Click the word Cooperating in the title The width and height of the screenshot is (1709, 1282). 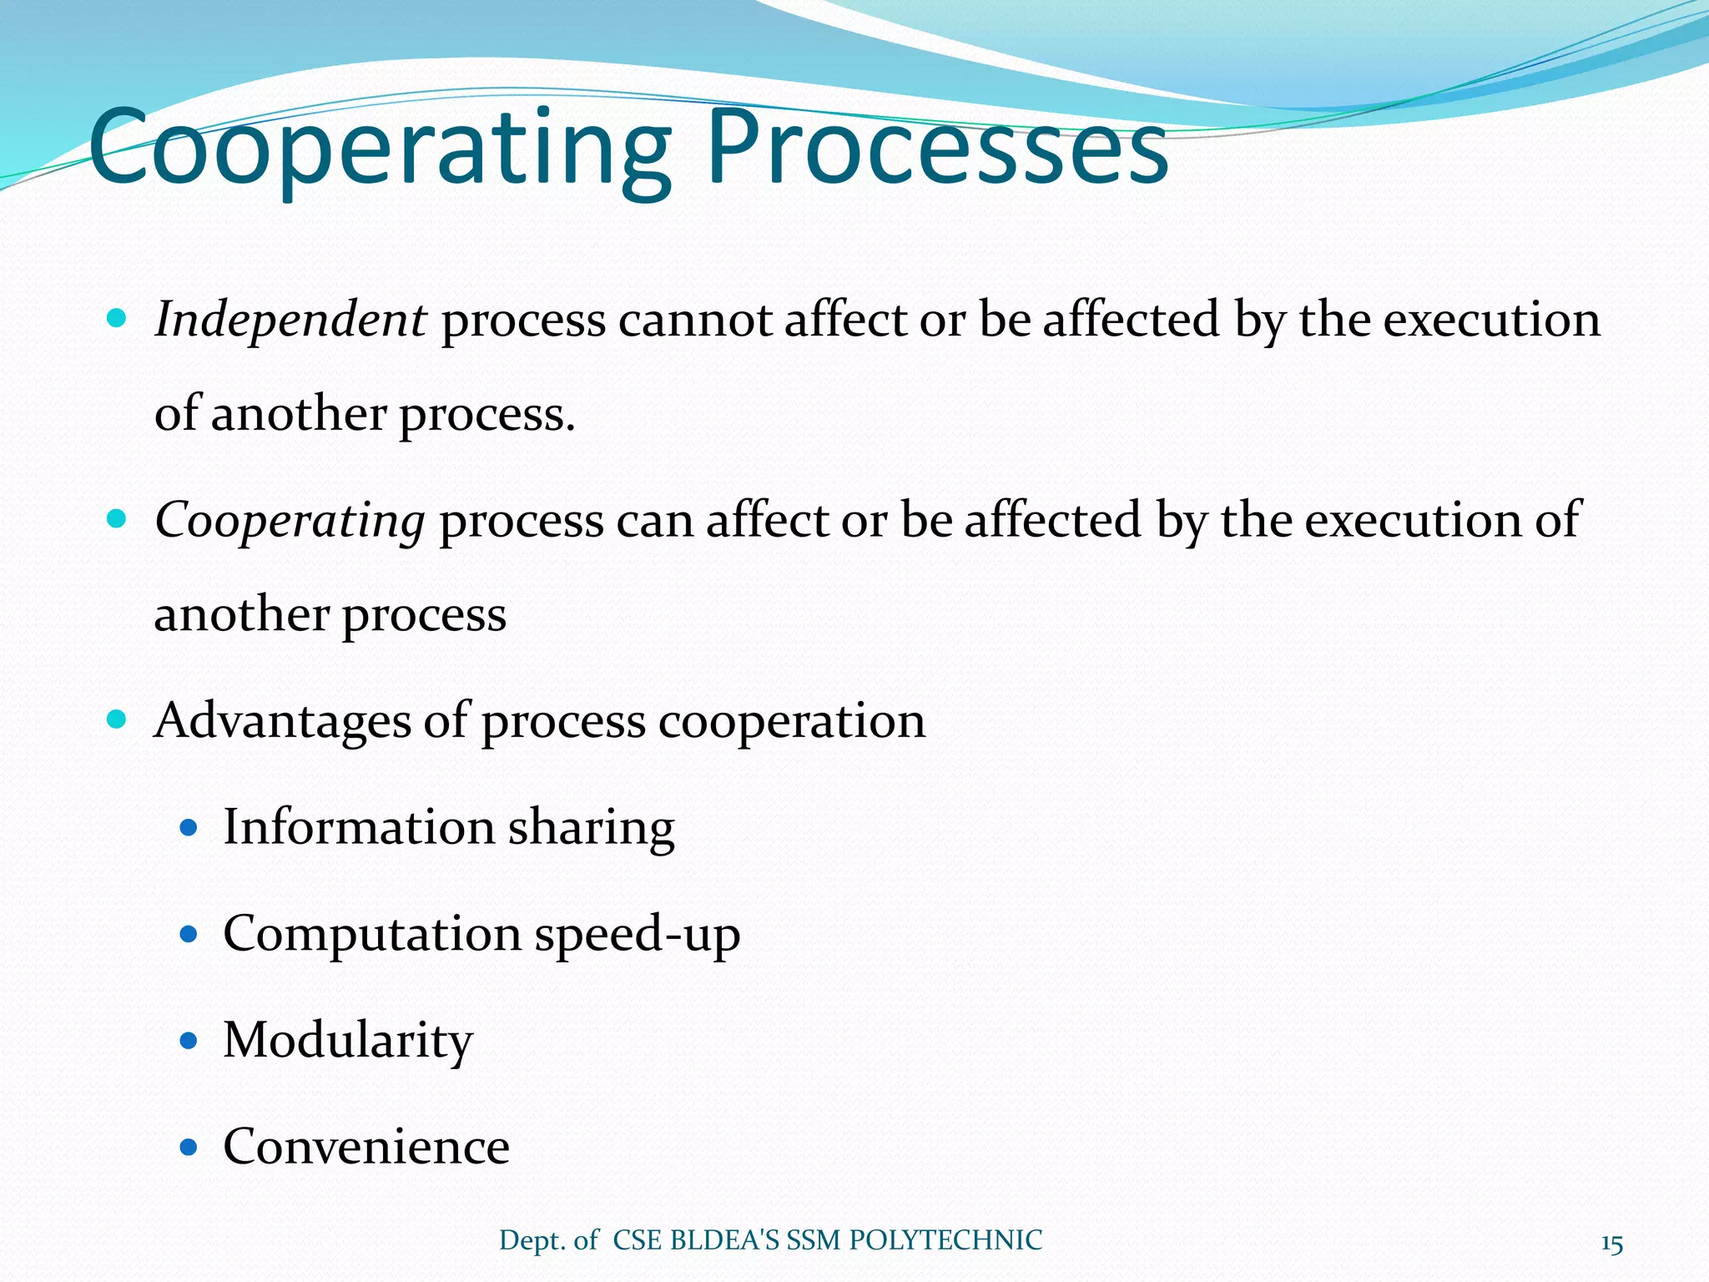[380, 150]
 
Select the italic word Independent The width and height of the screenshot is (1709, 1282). [290, 321]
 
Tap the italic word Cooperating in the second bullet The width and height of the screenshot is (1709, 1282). [290, 522]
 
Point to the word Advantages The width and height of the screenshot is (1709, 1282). [282, 720]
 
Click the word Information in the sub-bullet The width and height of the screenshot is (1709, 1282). [359, 828]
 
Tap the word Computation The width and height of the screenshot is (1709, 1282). [371, 935]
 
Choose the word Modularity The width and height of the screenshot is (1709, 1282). [348, 1042]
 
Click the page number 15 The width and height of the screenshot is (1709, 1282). [1611, 1244]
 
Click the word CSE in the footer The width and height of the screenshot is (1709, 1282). [638, 1240]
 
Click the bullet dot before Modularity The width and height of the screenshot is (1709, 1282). [189, 1041]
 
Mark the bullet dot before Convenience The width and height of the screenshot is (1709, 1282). [189, 1148]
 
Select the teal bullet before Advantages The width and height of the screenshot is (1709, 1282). [117, 719]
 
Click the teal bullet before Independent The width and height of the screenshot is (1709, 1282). [117, 318]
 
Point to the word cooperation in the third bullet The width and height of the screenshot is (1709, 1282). [792, 722]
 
